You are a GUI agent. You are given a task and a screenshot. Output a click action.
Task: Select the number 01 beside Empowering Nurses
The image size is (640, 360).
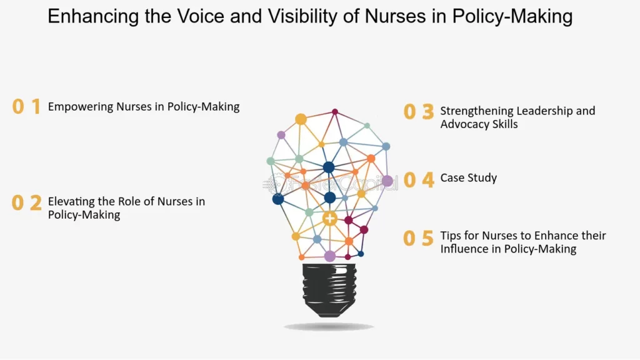click(x=27, y=107)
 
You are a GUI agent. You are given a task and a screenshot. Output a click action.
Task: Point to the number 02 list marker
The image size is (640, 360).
click(x=27, y=203)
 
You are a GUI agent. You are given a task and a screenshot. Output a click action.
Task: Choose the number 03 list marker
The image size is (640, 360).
click(x=418, y=112)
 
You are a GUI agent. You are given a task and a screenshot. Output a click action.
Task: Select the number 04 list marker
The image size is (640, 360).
click(x=418, y=180)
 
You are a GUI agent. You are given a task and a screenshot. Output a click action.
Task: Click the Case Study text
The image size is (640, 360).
click(x=469, y=178)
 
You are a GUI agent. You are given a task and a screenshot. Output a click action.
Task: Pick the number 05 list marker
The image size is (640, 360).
click(x=418, y=238)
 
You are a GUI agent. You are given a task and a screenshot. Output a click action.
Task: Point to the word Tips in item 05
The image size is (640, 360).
click(x=451, y=236)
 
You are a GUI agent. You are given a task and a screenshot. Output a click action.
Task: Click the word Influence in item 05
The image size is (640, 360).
click(x=463, y=249)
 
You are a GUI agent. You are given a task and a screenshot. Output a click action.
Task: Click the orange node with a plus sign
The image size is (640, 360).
click(x=330, y=219)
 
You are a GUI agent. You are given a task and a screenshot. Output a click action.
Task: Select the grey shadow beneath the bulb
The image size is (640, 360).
click(x=329, y=327)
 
